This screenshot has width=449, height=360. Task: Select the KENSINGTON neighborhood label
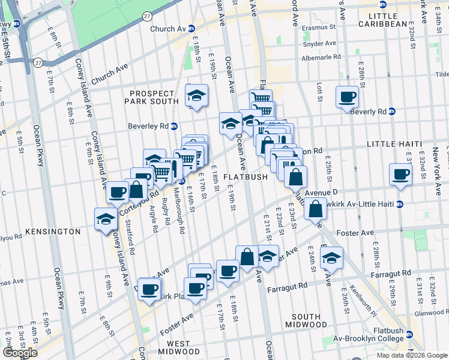pyautogui.click(x=53, y=231)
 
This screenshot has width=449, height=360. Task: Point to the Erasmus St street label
pyautogui.click(x=319, y=28)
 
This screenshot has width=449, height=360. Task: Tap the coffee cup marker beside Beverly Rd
pyautogui.click(x=348, y=97)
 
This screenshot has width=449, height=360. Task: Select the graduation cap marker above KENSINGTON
pyautogui.click(x=106, y=218)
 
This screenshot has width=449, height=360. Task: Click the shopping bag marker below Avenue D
pyautogui.click(x=315, y=208)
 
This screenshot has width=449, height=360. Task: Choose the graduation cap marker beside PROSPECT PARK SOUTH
pyautogui.click(x=196, y=95)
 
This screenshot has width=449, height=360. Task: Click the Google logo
pyautogui.click(x=20, y=353)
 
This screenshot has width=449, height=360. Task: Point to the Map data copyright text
pyautogui.click(x=411, y=355)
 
